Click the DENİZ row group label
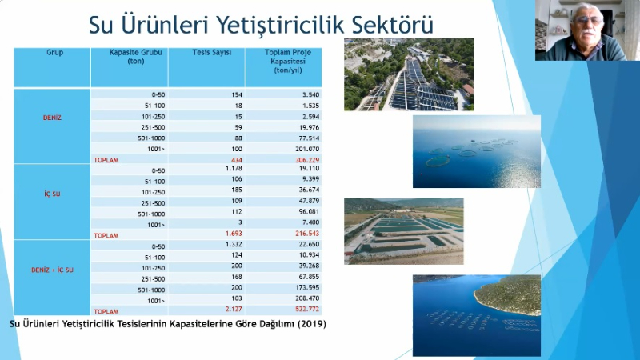pyautogui.click(x=52, y=118)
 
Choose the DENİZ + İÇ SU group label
pyautogui.click(x=52, y=270)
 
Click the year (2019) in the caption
pyautogui.click(x=312, y=324)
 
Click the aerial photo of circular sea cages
pyautogui.click(x=476, y=152)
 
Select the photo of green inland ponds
pyautogui.click(x=403, y=231)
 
